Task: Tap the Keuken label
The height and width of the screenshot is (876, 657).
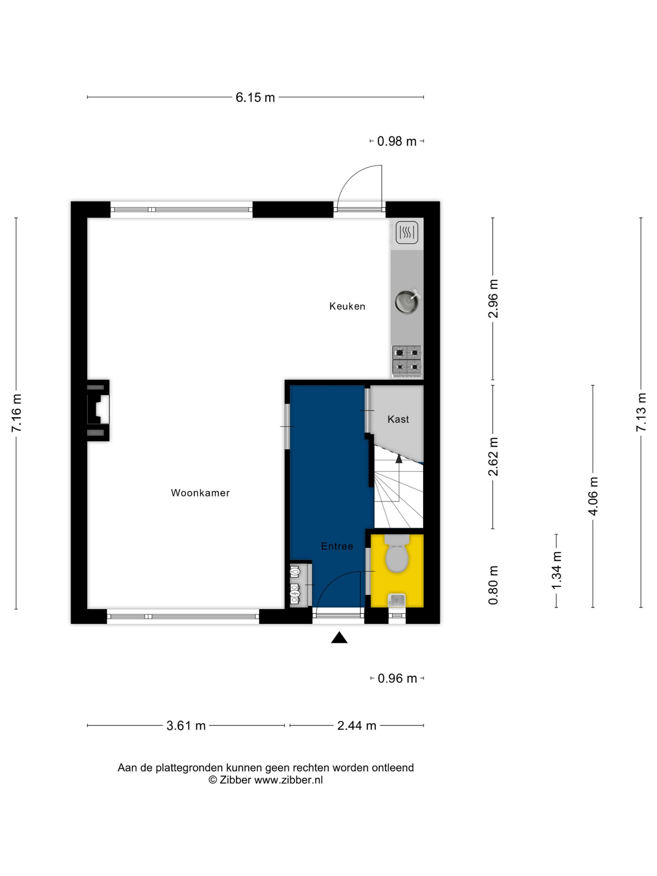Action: [347, 306]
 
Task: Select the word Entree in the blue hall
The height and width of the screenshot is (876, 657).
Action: [337, 546]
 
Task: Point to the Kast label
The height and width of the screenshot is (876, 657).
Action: [398, 419]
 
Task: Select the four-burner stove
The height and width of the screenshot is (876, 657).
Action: [407, 360]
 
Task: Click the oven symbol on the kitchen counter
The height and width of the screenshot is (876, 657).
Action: [407, 232]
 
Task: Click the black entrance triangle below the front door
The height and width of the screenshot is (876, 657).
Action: [339, 637]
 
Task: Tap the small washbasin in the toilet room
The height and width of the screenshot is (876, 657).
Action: [396, 601]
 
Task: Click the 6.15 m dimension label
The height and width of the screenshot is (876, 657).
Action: [255, 97]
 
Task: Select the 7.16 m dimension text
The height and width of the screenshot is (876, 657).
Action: [17, 413]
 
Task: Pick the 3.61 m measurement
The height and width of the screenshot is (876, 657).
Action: [186, 725]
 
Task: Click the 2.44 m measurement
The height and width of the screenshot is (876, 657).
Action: [357, 725]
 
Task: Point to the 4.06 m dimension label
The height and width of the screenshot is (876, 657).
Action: [593, 496]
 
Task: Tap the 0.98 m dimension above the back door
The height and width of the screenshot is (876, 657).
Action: [397, 141]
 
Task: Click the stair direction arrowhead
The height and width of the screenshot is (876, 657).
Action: [399, 459]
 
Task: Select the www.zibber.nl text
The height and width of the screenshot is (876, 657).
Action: [288, 780]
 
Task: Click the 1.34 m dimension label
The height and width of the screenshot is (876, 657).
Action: [557, 570]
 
